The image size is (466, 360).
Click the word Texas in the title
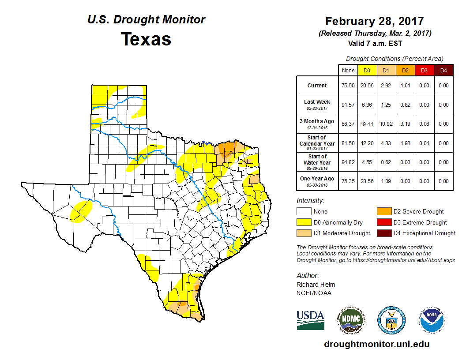tap(146, 39)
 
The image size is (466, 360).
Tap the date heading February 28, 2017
tap(374, 21)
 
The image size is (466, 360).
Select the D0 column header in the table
tap(367, 70)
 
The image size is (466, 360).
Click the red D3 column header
tap(424, 70)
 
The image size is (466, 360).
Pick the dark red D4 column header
tap(443, 70)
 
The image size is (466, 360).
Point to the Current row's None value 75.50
tap(348, 86)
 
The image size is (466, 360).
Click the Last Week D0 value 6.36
tap(367, 105)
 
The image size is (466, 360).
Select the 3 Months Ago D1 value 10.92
tap(386, 124)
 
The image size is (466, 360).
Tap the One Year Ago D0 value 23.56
tap(367, 181)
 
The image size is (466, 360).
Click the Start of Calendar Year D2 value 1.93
tap(405, 143)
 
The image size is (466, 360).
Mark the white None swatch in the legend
tap(304, 211)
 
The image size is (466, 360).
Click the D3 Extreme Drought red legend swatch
tap(383, 222)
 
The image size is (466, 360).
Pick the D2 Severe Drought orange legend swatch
tap(383, 211)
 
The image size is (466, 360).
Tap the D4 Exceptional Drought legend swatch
tap(383, 233)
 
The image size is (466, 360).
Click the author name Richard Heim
tap(316, 285)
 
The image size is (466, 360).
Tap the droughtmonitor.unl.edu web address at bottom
tap(376, 344)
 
